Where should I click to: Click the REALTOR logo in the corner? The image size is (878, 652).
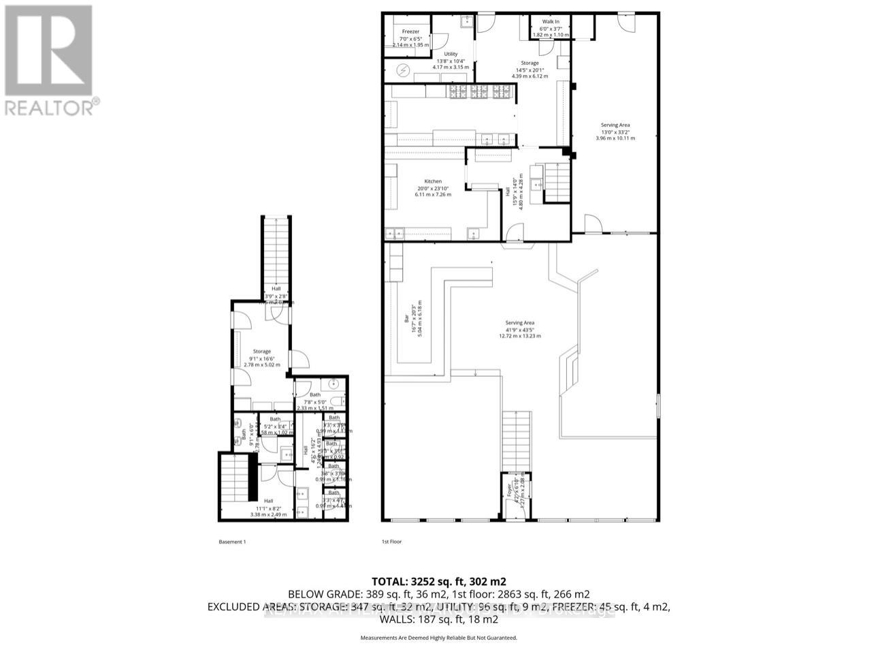(48, 59)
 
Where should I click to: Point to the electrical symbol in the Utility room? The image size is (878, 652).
(402, 69)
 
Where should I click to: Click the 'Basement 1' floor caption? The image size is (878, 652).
(231, 542)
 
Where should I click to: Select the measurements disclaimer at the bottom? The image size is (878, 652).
(438, 638)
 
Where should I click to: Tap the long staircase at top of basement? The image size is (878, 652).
(276, 252)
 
